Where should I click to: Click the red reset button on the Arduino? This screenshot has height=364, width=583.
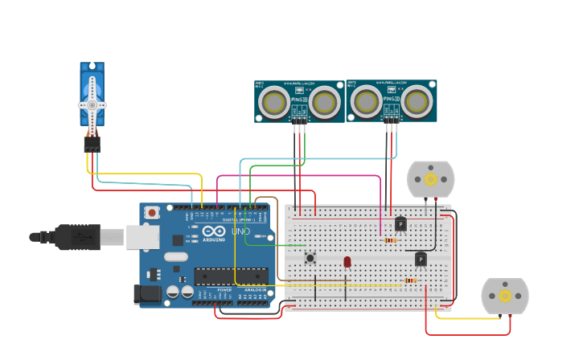coord(152,213)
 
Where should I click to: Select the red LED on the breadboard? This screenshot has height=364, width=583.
coord(347,262)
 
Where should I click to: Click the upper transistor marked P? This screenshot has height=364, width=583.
coord(400,224)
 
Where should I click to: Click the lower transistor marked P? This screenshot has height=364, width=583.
coord(421,259)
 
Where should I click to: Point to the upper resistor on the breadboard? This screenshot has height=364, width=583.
coord(390,240)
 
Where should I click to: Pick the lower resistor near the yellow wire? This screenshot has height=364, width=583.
coord(411,280)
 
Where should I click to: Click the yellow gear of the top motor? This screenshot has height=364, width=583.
coord(430,178)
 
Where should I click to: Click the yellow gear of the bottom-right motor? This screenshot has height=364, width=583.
coord(505,296)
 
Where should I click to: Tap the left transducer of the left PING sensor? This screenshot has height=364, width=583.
coord(275,102)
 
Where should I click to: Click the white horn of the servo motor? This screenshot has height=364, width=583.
coord(92,104)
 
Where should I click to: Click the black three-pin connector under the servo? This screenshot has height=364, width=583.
coord(92,143)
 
